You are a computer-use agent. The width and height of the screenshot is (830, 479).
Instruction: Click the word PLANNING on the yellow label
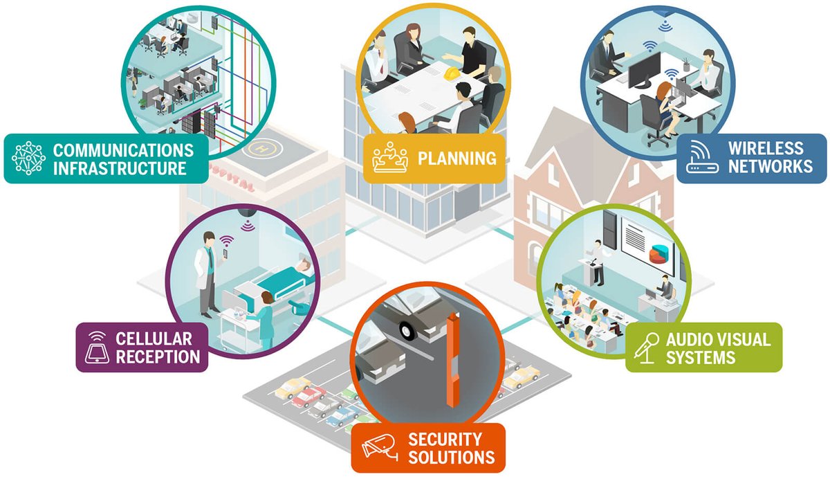coord(456,159)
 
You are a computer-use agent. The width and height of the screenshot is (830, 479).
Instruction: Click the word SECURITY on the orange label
coord(445,439)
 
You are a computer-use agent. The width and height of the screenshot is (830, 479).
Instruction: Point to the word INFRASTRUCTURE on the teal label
coord(120,168)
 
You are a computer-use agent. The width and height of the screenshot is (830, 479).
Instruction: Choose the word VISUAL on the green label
coord(743,340)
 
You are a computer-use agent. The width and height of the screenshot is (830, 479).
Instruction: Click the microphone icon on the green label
coord(645,347)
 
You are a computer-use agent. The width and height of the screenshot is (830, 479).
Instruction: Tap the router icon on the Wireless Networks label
coord(701,158)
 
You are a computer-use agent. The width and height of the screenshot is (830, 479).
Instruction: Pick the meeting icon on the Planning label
coord(390,158)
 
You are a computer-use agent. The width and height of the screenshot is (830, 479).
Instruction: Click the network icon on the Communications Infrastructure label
coord(28,158)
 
